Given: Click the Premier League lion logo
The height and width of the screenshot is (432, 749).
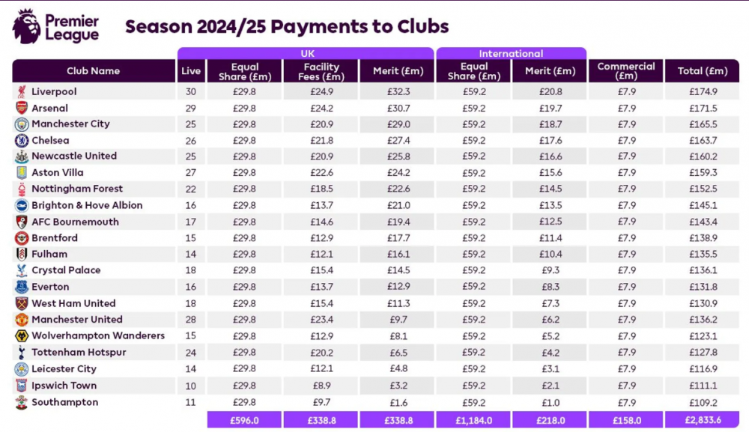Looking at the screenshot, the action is coord(26,26).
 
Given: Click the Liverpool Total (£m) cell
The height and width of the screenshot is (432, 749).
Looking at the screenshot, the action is coord(703,91).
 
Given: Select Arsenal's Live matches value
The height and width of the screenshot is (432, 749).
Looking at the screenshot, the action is coord(190,109).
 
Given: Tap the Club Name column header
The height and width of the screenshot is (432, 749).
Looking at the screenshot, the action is coord(94,71).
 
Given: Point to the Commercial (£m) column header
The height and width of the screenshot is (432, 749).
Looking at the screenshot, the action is coord(625,71).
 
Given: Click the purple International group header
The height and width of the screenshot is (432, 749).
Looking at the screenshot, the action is coord(511,53).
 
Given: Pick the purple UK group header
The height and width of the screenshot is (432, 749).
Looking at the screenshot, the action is coord(306,53).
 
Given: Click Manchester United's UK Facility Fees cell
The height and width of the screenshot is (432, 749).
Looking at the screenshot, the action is coord(321,320).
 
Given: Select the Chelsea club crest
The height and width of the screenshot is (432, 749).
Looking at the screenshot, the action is coord(22,140).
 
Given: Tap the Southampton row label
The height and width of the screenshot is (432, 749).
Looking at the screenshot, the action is coord(65,402).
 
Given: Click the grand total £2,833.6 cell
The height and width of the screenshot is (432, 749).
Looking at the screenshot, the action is coord(703,420).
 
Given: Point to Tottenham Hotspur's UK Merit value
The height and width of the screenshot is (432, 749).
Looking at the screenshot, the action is coord(398,353).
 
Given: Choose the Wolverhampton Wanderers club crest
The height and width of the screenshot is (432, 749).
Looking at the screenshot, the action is coord(22,336).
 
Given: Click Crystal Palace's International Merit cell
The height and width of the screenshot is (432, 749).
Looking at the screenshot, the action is coord(551,271).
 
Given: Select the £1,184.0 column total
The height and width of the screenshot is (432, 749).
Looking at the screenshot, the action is coord(473,420).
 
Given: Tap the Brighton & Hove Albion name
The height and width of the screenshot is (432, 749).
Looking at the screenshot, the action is coord(87,205).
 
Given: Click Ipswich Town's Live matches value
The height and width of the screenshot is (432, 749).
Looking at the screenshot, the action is coord(190,386).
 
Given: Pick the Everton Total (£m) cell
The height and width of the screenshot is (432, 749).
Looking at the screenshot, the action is coord(703,287).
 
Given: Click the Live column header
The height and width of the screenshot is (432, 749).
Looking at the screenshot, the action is coord(191,71).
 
